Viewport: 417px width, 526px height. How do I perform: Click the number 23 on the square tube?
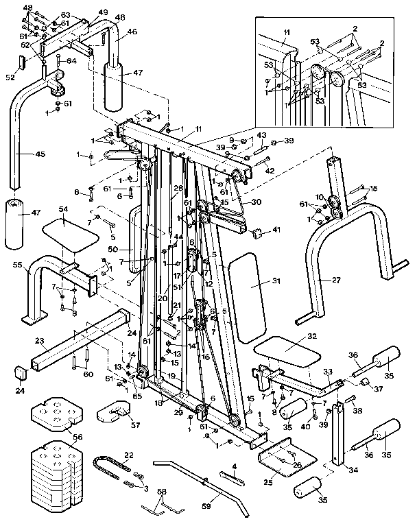pyautogui.click(x=39, y=341)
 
